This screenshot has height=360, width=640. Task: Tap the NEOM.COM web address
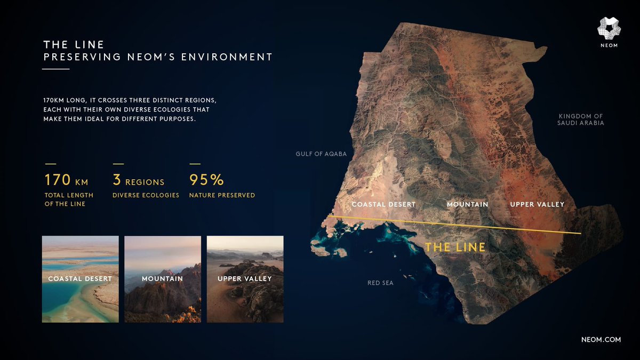pyautogui.click(x=601, y=340)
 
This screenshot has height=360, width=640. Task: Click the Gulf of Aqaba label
pyautogui.click(x=321, y=154)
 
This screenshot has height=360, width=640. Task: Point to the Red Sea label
pyautogui.click(x=380, y=283)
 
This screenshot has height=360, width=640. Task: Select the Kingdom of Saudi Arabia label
pyautogui.click(x=581, y=119)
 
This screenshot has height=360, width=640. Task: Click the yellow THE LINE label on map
pyautogui.click(x=455, y=247)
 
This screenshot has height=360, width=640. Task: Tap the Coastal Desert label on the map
pyautogui.click(x=383, y=204)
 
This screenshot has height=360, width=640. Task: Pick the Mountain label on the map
pyautogui.click(x=467, y=204)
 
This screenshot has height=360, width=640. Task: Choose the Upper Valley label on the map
pyautogui.click(x=537, y=204)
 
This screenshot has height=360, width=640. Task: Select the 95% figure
pyautogui.click(x=206, y=180)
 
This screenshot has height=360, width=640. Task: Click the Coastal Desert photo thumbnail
pyautogui.click(x=81, y=279)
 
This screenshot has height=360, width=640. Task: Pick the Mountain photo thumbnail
pyautogui.click(x=163, y=279)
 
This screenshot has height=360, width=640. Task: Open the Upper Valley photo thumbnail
pyautogui.click(x=245, y=279)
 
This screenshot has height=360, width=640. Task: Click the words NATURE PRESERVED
pyautogui.click(x=222, y=195)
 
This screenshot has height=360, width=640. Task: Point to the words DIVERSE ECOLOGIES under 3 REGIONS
pyautogui.click(x=146, y=195)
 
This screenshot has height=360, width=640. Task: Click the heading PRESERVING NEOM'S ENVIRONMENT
pyautogui.click(x=158, y=57)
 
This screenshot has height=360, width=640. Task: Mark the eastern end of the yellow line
pyautogui.click(x=580, y=234)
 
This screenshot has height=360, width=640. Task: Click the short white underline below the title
pyautogui.click(x=56, y=69)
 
